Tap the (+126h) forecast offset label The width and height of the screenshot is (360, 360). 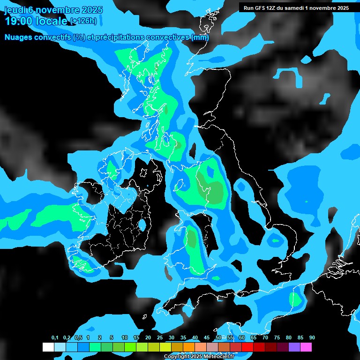click(83, 21)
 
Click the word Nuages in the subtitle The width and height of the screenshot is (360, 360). click(19, 37)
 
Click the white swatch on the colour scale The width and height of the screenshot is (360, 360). click(48, 347)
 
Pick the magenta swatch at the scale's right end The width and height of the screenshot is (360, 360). click(306, 347)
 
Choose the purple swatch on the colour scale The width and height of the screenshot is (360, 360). click(294, 347)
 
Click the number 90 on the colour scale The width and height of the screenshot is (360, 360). click(312, 337)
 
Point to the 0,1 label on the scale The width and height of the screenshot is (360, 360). click(54, 337)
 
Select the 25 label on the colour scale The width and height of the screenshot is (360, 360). click(160, 337)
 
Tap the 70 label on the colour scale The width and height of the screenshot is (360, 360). click(265, 337)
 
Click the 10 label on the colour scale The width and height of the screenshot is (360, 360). click(125, 337)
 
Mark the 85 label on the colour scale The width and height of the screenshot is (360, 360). click(300, 337)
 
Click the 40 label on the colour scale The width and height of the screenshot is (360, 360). click(195, 337)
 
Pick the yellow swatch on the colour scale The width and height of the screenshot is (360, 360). click(165, 347)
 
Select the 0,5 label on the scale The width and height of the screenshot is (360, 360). click(78, 337)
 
